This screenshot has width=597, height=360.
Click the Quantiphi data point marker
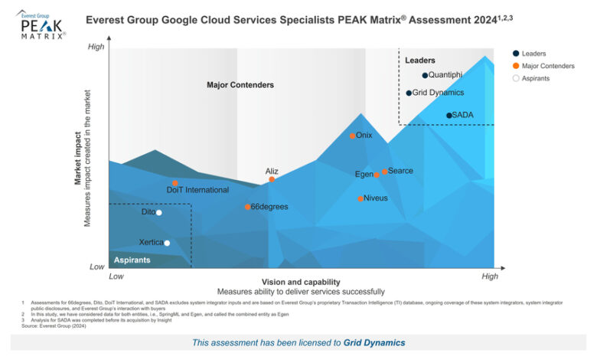pyautogui.click(x=425, y=75)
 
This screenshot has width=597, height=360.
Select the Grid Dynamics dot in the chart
pyautogui.click(x=409, y=93)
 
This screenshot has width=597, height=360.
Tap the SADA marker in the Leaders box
pyautogui.click(x=449, y=116)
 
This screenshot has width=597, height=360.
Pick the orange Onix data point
pyautogui.click(x=353, y=136)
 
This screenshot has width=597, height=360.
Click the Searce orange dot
pyautogui.click(x=384, y=172)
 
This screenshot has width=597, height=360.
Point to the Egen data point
pyautogui.click(x=377, y=175)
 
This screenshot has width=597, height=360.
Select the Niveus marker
pyautogui.click(x=360, y=198)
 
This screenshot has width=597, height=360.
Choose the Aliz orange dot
pyautogui.click(x=272, y=179)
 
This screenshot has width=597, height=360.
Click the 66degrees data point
pyautogui.click(x=247, y=207)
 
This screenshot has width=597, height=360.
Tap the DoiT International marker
pyautogui.click(x=175, y=183)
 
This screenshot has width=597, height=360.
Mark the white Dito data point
pyautogui.click(x=159, y=212)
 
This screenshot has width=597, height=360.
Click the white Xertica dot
pyautogui.click(x=167, y=243)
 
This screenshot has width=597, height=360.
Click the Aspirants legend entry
pyautogui.click(x=535, y=78)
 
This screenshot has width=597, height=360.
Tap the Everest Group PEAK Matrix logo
pyautogui.click(x=41, y=25)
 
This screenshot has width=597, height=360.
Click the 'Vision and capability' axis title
pyautogui.click(x=300, y=281)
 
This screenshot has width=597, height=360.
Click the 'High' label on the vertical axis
pyautogui.click(x=96, y=47)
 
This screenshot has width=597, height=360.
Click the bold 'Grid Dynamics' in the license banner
pyautogui.click(x=374, y=342)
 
